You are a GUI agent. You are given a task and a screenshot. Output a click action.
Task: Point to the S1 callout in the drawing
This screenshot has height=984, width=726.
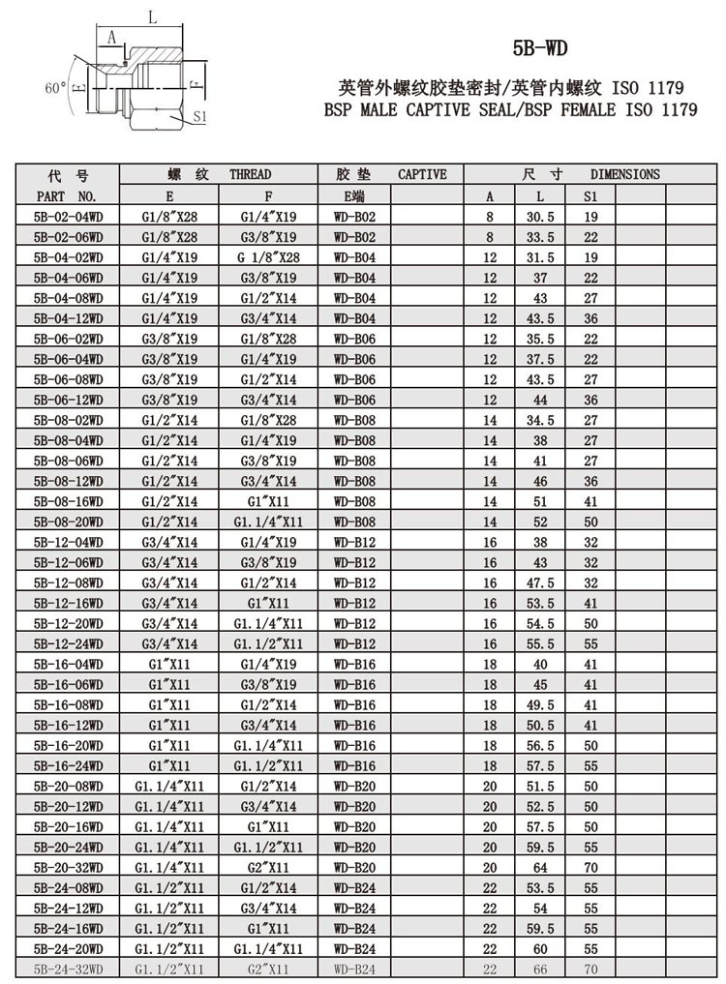[x=200, y=116]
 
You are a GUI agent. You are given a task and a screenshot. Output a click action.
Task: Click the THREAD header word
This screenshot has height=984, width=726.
[x=250, y=175]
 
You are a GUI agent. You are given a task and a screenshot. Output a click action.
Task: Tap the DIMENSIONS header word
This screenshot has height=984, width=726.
[x=625, y=175]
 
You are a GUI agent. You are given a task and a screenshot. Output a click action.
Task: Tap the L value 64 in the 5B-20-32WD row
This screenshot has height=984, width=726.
[x=539, y=867]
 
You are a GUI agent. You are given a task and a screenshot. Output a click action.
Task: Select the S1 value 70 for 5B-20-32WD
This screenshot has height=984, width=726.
[x=591, y=867]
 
